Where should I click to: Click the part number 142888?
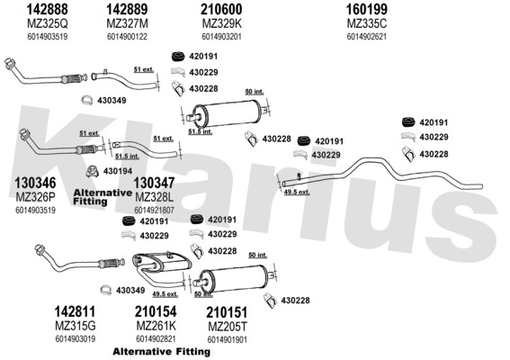coord(47,9)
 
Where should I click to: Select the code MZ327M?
coord(127,23)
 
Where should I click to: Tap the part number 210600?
coord(221,9)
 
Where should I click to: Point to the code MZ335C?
coord(367,23)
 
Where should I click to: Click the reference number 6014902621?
coord(367,37)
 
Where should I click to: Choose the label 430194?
coord(118,171)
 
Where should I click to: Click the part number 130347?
coord(154,183)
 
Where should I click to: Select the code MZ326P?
coord(35,197)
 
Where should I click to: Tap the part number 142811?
coord(75,311)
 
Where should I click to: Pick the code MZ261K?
coord(157,326)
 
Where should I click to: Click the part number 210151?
coord(227,312)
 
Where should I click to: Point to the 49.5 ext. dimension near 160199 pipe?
coord(297,192)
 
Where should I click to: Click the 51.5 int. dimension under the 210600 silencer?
coord(200,131)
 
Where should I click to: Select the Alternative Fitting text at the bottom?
coord(161,352)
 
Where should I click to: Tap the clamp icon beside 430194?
coord(93,171)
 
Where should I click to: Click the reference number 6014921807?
coord(154,210)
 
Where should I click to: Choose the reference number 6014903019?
coord(76,338)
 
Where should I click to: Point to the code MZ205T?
coord(227,326)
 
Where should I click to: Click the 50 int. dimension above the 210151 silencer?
coord(257,256)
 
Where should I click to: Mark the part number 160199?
coord(367,9)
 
